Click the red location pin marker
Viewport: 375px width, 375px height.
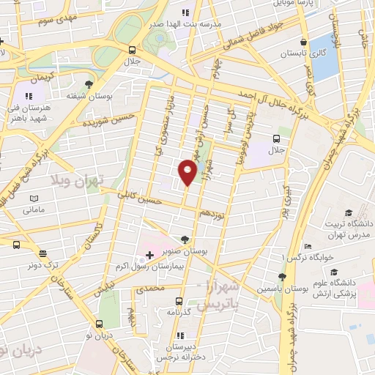[x=187, y=171]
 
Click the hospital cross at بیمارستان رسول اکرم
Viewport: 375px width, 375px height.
[x=149, y=255]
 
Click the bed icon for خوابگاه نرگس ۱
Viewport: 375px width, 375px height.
[x=308, y=246]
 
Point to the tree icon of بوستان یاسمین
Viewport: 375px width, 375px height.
[x=282, y=277]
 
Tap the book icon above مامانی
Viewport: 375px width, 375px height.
[x=33, y=198]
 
